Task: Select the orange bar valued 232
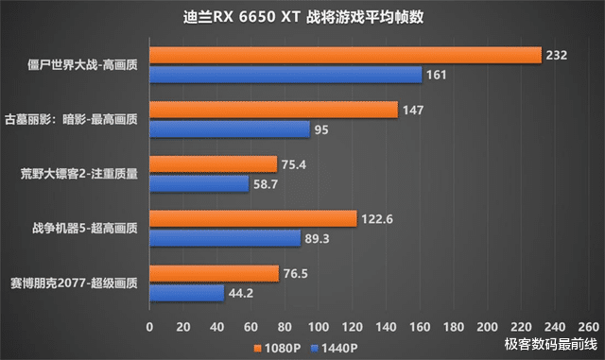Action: point(345,56)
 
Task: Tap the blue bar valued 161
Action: point(285,74)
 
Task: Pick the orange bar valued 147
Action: point(273,111)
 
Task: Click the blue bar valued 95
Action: point(230,129)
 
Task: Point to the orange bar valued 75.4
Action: point(213,164)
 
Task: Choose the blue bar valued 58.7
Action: point(199,182)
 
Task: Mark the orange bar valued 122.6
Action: point(252,218)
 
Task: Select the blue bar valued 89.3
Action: point(225,236)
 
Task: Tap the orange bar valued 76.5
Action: point(214,274)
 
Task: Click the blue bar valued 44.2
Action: point(186,292)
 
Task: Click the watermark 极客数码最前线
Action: point(550,344)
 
